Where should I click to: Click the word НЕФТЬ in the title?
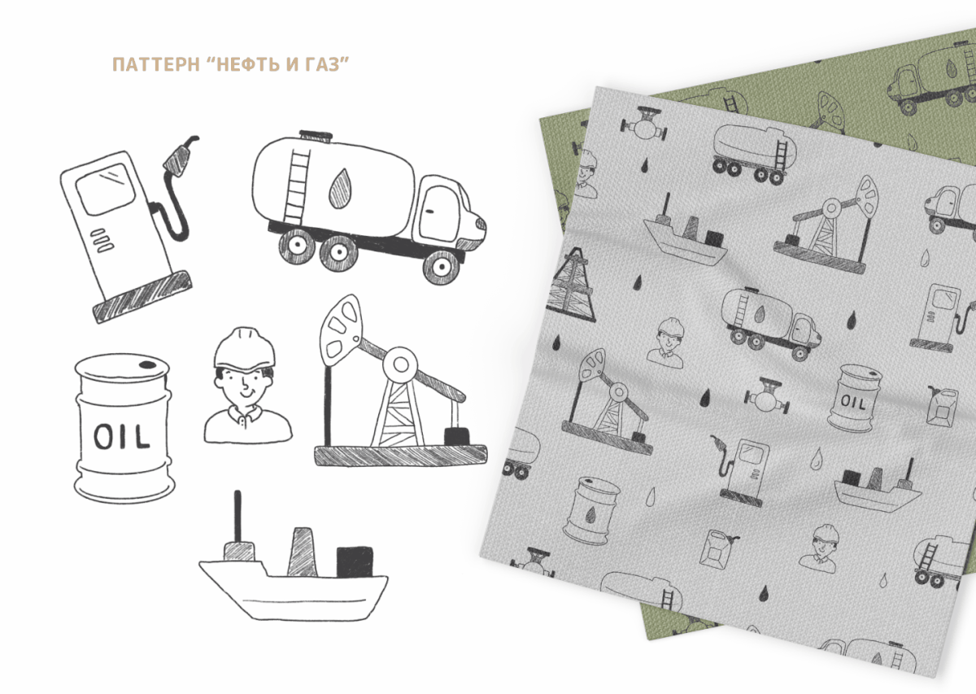[248, 64]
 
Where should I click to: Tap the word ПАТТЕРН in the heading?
[156, 64]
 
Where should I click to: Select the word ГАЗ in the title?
[322, 64]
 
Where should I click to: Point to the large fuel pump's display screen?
[105, 188]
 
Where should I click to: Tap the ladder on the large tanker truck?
[297, 186]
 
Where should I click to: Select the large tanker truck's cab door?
[442, 214]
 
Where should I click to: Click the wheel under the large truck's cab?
[442, 266]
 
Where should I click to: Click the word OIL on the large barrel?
[121, 436]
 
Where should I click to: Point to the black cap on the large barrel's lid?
[147, 364]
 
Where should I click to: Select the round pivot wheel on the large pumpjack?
[400, 364]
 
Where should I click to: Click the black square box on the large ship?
[355, 562]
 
